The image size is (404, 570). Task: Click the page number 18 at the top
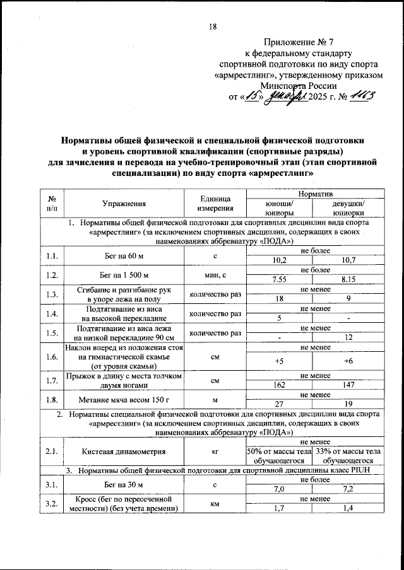tap(213, 26)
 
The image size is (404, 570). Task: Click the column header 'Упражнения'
tap(124, 203)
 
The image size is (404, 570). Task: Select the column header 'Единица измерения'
tap(215, 203)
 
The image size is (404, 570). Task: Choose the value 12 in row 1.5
tap(348, 338)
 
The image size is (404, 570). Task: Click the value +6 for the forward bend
tap(348, 359)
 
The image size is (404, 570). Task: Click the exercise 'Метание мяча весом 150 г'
tap(124, 399)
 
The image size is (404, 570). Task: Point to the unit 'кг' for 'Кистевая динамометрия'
tap(215, 451)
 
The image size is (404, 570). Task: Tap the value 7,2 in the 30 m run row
tap(348, 489)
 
